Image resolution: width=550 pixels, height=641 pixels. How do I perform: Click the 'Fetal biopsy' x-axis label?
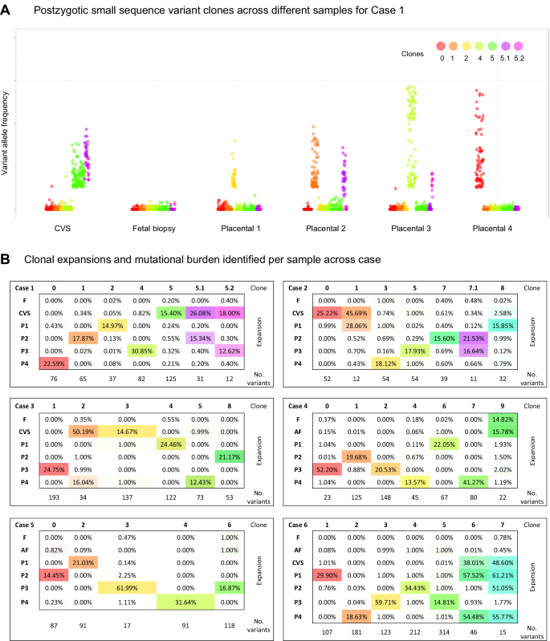(x=151, y=228)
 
